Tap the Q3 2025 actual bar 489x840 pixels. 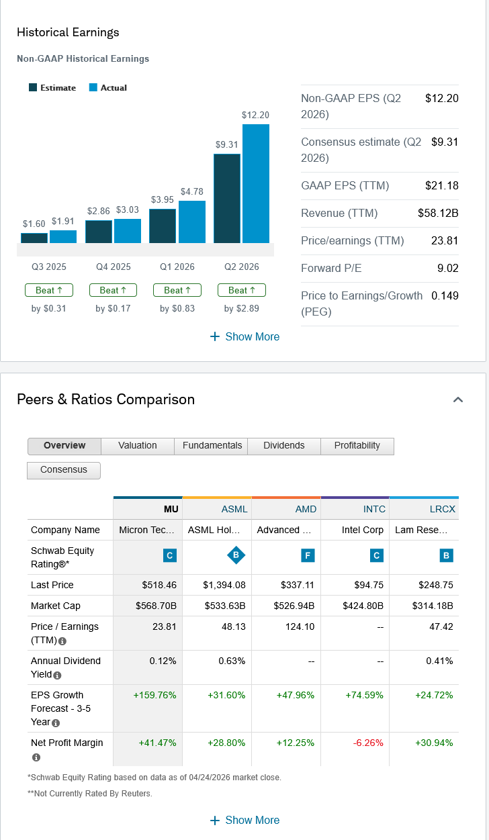pos(63,236)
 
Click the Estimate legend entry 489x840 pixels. pos(52,88)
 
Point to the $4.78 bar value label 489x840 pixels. pos(191,192)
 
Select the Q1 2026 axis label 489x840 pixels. pos(177,267)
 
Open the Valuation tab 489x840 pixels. pos(138,446)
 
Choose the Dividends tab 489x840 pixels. pos(283,446)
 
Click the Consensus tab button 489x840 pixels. pos(64,470)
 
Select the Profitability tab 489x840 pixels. pos(357,446)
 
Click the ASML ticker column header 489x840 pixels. pos(234,509)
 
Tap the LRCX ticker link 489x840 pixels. pos(443,509)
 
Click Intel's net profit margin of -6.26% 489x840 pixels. pos(369,743)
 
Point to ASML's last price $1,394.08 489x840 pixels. pos(224,585)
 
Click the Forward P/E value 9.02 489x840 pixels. pos(447,268)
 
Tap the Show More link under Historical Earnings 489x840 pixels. pos(244,336)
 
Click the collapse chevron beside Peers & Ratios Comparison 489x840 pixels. pos(458,400)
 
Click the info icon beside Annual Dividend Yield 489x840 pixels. pos(57,675)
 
